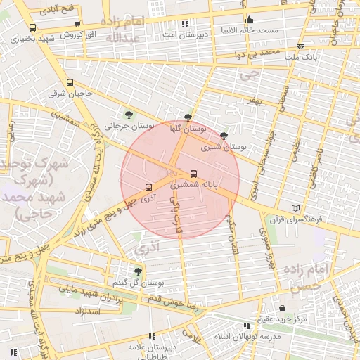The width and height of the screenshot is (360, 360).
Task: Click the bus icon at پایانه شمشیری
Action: point(193,174)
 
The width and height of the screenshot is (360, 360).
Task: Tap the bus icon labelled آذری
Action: point(148,188)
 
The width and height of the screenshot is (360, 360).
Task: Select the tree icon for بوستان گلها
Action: point(188,118)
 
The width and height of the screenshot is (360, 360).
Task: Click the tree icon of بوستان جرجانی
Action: point(128,114)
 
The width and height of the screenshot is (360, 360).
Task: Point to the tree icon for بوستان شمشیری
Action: point(224,136)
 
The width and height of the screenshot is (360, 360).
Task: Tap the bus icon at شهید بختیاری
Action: point(33,28)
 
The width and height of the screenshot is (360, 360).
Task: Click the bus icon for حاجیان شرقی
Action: point(69,83)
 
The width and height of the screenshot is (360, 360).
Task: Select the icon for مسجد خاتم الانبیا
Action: point(249,20)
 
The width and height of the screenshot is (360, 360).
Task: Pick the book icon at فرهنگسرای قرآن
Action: point(295,209)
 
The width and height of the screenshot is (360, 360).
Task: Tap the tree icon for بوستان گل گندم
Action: point(138,271)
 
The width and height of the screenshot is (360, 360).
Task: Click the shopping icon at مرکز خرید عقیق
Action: point(282,309)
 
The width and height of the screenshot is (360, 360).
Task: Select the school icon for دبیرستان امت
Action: point(185,23)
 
